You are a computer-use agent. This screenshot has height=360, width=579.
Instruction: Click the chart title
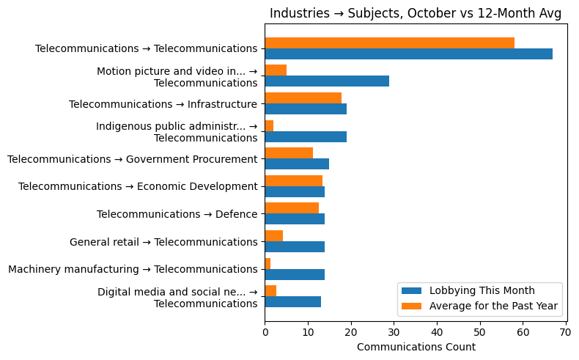[x=416, y=13]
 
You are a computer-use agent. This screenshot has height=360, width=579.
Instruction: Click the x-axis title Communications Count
[x=416, y=347]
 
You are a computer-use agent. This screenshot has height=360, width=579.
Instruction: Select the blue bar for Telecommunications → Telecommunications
[x=408, y=54]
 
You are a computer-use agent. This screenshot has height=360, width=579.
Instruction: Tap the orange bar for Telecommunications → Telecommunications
[x=389, y=43]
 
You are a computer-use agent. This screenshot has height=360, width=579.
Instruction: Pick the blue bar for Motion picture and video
[x=327, y=81]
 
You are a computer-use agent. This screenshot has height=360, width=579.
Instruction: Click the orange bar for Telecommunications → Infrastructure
[x=303, y=98]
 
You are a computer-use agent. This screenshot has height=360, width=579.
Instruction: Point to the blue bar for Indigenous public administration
[x=306, y=136]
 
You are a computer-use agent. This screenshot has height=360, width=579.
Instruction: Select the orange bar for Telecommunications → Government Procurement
[x=289, y=153]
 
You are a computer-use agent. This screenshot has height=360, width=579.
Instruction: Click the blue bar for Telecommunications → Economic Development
[x=295, y=191]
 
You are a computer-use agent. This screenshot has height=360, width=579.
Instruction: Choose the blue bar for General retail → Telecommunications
[x=295, y=246]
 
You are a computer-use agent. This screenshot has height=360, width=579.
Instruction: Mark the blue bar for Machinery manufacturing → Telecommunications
[x=295, y=274]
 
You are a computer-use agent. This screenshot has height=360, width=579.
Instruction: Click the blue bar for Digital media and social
[x=292, y=301]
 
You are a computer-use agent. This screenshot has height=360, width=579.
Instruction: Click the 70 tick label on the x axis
[x=566, y=332]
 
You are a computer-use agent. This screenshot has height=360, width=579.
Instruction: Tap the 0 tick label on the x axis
[x=265, y=332]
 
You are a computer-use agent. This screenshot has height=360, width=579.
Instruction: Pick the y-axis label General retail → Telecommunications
[x=163, y=242]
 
